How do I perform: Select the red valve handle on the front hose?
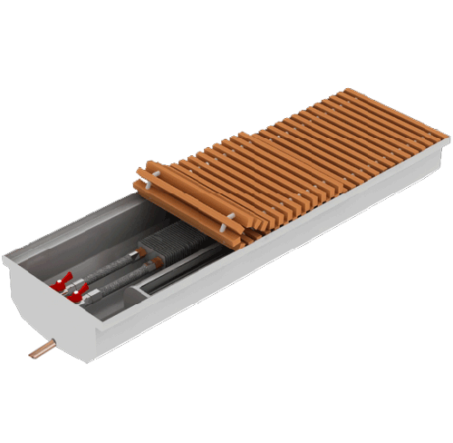pos(81,292)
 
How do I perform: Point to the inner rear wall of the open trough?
pos(91,227)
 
